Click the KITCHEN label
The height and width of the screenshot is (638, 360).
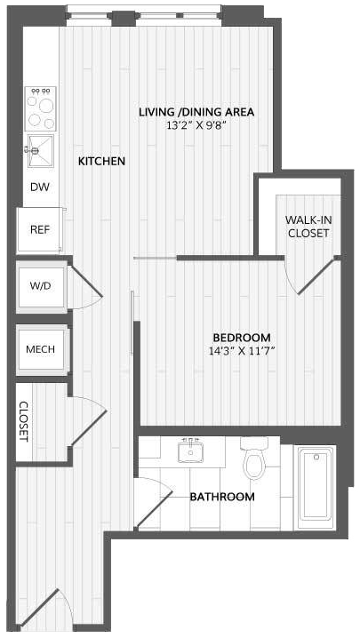pos(101,161)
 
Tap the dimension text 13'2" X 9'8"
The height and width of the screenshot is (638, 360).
pos(196,125)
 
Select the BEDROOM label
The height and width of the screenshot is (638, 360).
pos(242,338)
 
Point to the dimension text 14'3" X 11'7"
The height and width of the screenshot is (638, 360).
pos(242,351)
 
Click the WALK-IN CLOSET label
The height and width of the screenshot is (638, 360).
pos(308,227)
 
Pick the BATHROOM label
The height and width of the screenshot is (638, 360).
pos(222,497)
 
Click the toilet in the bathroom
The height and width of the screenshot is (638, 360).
pos(254,458)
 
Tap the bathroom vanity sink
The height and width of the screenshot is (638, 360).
pos(190,451)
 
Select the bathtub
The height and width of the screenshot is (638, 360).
pos(316,488)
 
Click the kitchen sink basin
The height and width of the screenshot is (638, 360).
pos(40,150)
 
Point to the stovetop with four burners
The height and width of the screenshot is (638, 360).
pos(40,108)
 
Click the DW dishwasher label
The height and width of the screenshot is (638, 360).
pos(40,187)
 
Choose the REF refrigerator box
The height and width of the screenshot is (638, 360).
pos(39,229)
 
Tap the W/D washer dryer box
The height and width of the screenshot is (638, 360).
pos(41,286)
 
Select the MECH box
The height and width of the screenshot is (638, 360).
pos(41,349)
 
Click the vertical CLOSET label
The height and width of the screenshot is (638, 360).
pos(24,421)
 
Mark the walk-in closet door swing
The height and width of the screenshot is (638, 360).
pos(311,275)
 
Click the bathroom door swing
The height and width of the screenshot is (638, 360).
pos(154,503)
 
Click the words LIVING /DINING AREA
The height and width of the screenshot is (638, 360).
pos(196,112)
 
